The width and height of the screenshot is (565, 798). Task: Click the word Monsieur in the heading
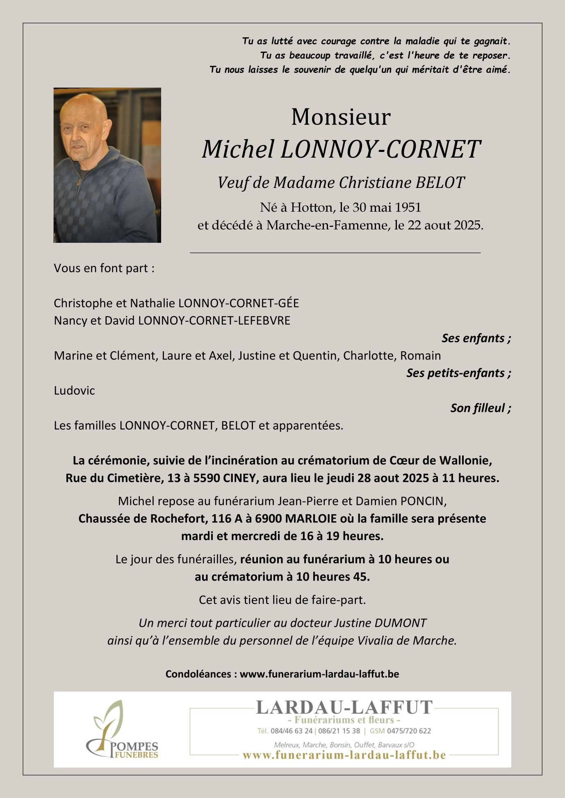click(341, 118)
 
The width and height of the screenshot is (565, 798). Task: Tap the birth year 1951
click(408, 208)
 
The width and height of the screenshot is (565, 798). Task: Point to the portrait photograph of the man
click(107, 165)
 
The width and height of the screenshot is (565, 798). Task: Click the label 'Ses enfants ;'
click(476, 338)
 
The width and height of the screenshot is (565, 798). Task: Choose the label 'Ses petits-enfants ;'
click(458, 373)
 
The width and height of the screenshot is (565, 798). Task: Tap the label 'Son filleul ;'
click(481, 408)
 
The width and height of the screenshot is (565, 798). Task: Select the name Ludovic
click(74, 391)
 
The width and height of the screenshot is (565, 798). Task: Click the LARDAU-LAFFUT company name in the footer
click(344, 708)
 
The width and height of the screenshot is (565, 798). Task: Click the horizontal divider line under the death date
click(335, 253)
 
